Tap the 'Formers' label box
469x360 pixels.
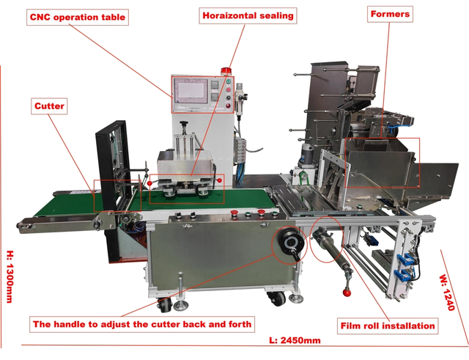390,14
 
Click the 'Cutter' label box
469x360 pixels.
50,106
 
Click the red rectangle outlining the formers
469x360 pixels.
379,163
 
